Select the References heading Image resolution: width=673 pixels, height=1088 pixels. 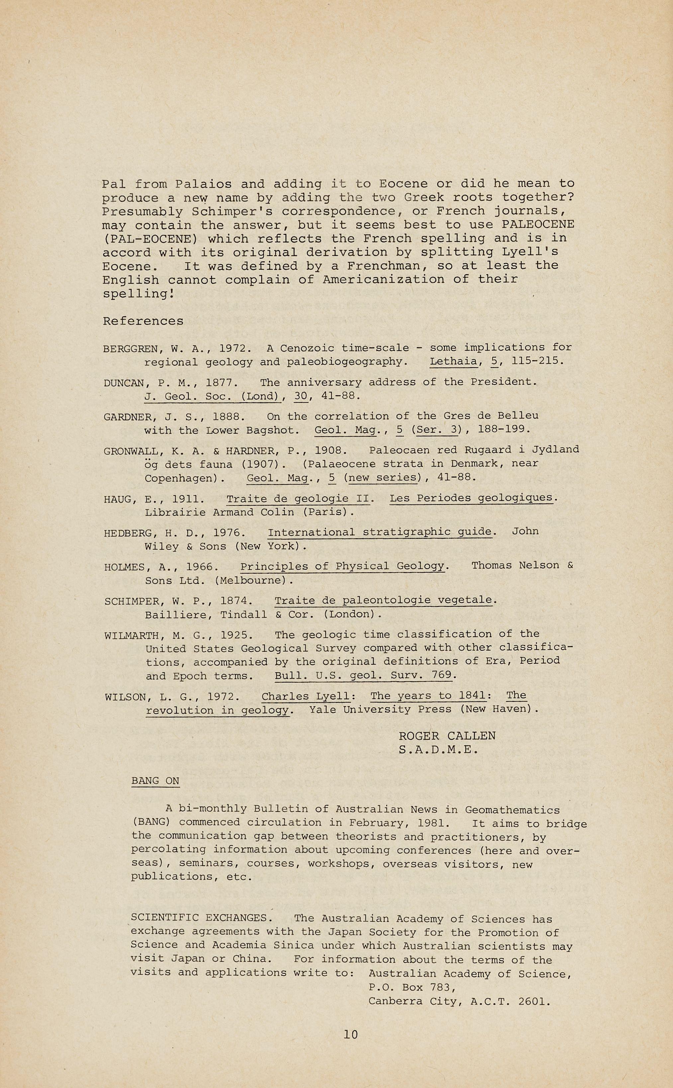[x=143, y=321]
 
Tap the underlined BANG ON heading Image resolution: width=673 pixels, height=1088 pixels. [x=155, y=781]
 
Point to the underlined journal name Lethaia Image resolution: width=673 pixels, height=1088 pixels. [x=453, y=361]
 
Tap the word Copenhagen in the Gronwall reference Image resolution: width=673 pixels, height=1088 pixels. [x=180, y=478]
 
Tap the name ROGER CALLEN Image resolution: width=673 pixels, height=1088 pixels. [x=447, y=736]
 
